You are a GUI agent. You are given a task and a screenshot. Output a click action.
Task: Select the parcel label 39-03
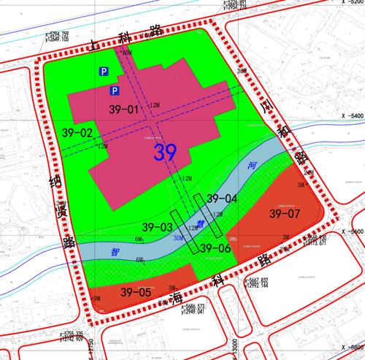[x=158, y=226]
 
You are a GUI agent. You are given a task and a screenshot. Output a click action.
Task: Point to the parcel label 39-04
[x=222, y=199]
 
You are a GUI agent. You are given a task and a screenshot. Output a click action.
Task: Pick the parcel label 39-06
[x=216, y=248]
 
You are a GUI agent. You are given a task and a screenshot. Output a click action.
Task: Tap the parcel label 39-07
[x=284, y=215]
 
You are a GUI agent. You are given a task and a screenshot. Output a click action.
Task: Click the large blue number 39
[x=166, y=153]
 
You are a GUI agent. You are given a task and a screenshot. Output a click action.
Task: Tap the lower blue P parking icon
[x=115, y=91]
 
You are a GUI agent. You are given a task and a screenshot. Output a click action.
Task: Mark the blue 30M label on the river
[x=177, y=239]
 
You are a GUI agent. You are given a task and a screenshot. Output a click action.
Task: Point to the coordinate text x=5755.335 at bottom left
[x=71, y=333]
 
